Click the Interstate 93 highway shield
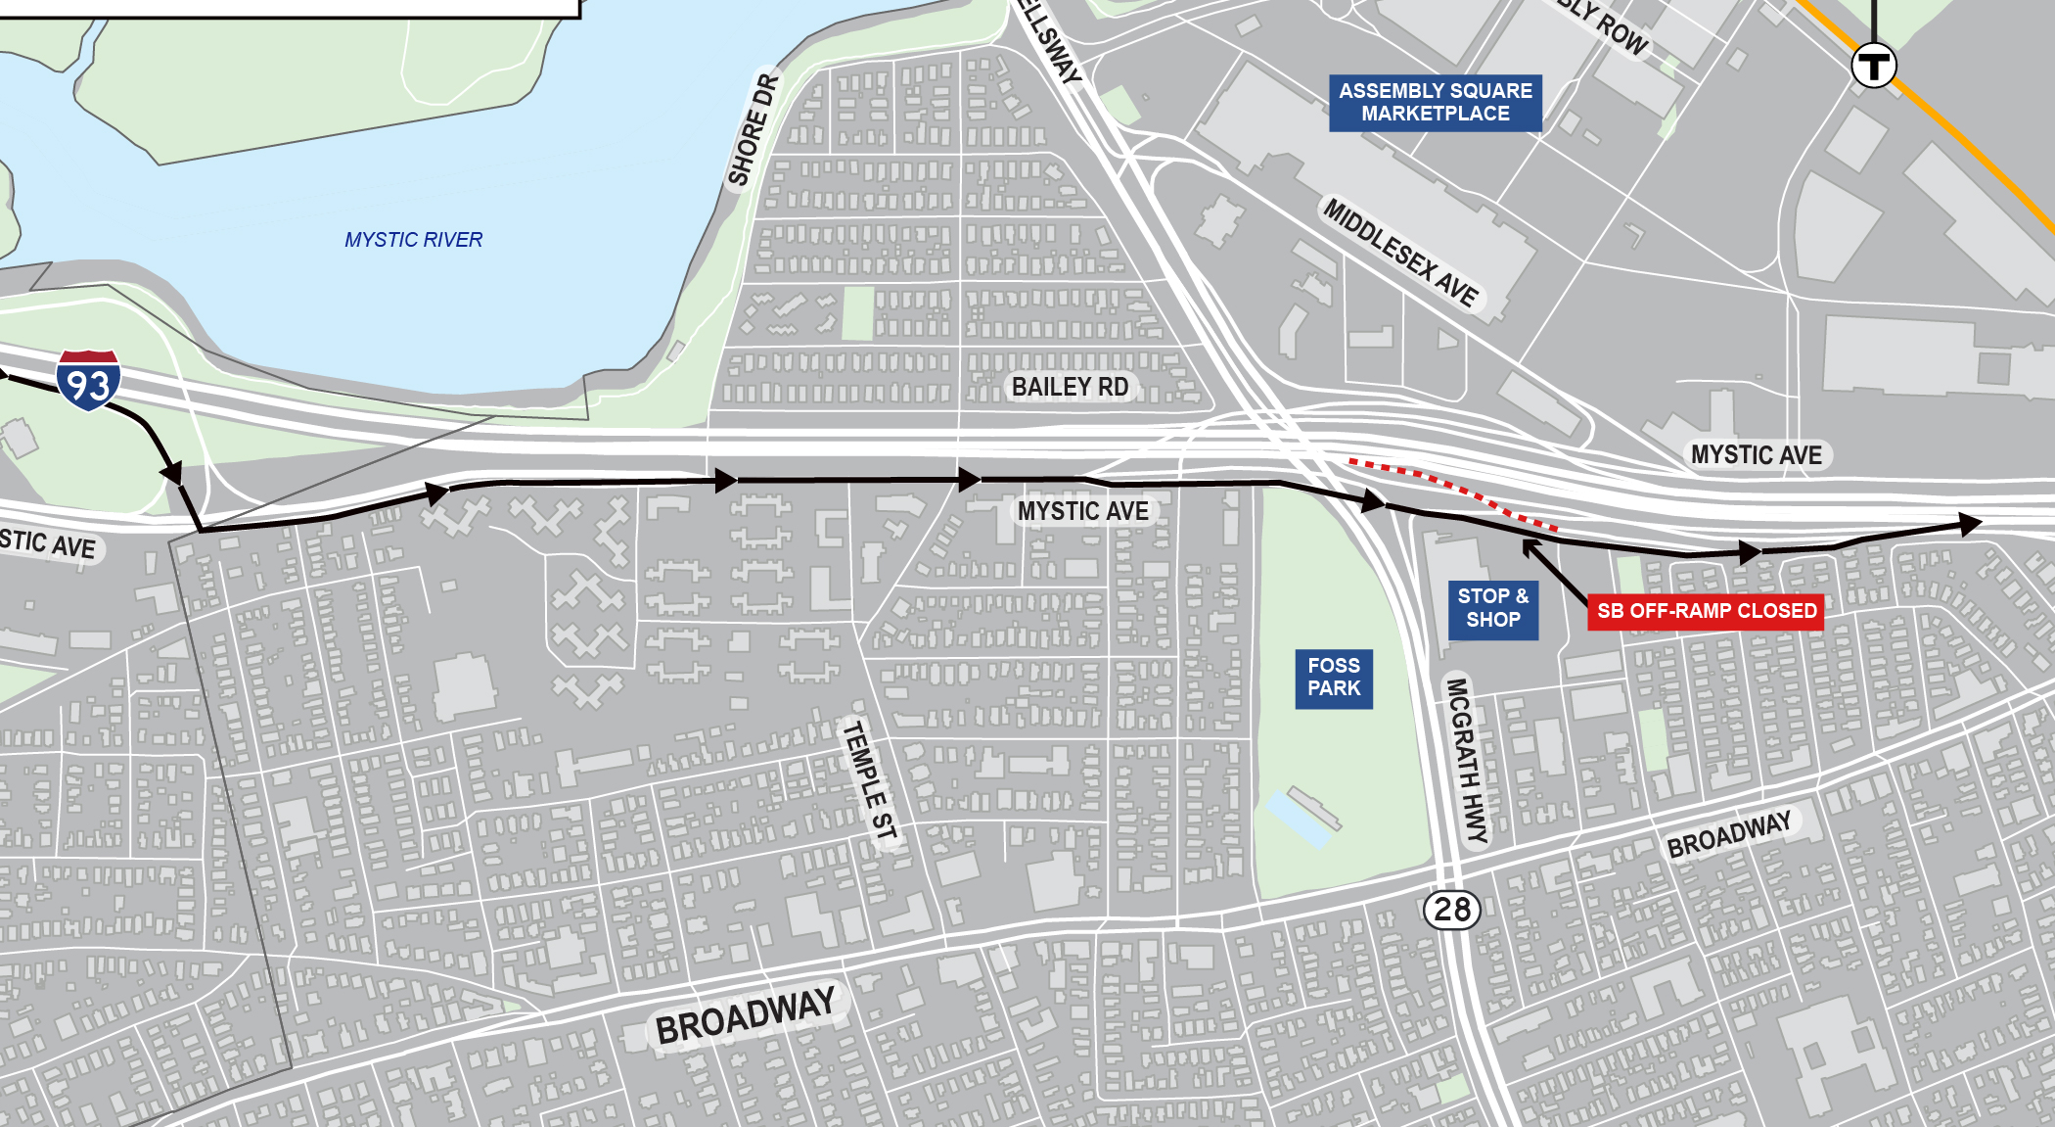pyautogui.click(x=88, y=380)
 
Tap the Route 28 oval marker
pyautogui.click(x=1452, y=910)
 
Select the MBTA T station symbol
pyautogui.click(x=1874, y=66)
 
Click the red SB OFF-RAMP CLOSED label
pyautogui.click(x=1706, y=612)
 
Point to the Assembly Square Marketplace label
pyautogui.click(x=1436, y=103)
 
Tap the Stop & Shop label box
pyautogui.click(x=1493, y=608)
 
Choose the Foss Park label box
pyautogui.click(x=1334, y=678)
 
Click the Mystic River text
pyautogui.click(x=413, y=240)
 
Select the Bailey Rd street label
pyautogui.click(x=1070, y=388)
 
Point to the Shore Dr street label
pyautogui.click(x=753, y=130)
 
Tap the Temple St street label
pyautogui.click(x=869, y=780)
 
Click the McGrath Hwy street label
pyautogui.click(x=1467, y=760)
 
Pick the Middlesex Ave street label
pyautogui.click(x=1401, y=253)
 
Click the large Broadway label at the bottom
pyautogui.click(x=746, y=1016)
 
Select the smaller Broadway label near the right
pyautogui.click(x=1729, y=834)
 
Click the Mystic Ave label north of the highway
pyautogui.click(x=1757, y=455)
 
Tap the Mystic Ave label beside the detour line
pyautogui.click(x=1083, y=511)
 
